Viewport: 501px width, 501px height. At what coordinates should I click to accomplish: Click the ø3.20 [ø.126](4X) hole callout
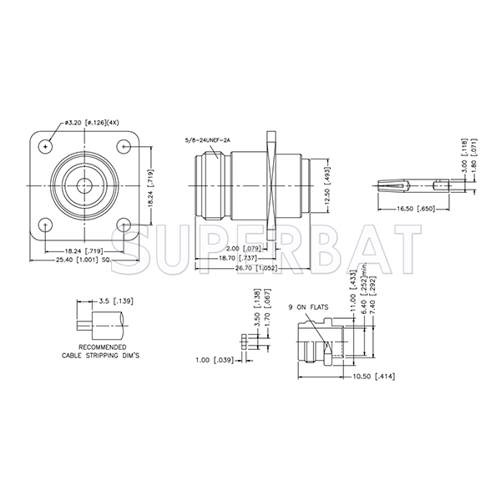pyautogui.click(x=93, y=123)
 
